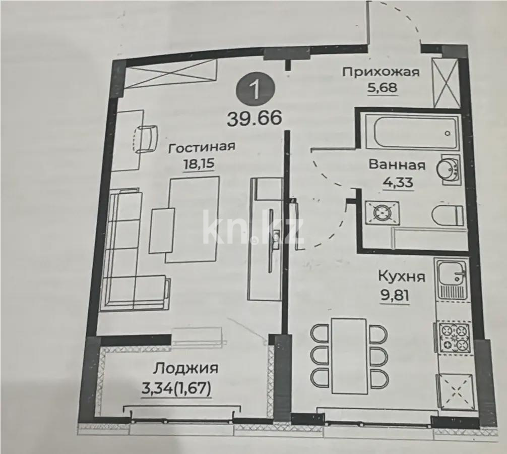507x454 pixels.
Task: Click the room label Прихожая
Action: (x=381, y=72)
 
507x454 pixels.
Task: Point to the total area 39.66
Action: (x=254, y=120)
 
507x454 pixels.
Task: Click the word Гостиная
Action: (x=202, y=147)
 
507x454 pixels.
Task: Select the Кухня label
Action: (x=402, y=276)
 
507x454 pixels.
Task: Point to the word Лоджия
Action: (x=186, y=368)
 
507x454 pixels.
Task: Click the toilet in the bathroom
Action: (x=448, y=215)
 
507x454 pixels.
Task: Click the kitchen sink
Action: (x=452, y=277)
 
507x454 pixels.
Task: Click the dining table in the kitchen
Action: (x=349, y=350)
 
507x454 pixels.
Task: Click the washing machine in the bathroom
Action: (x=381, y=212)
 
